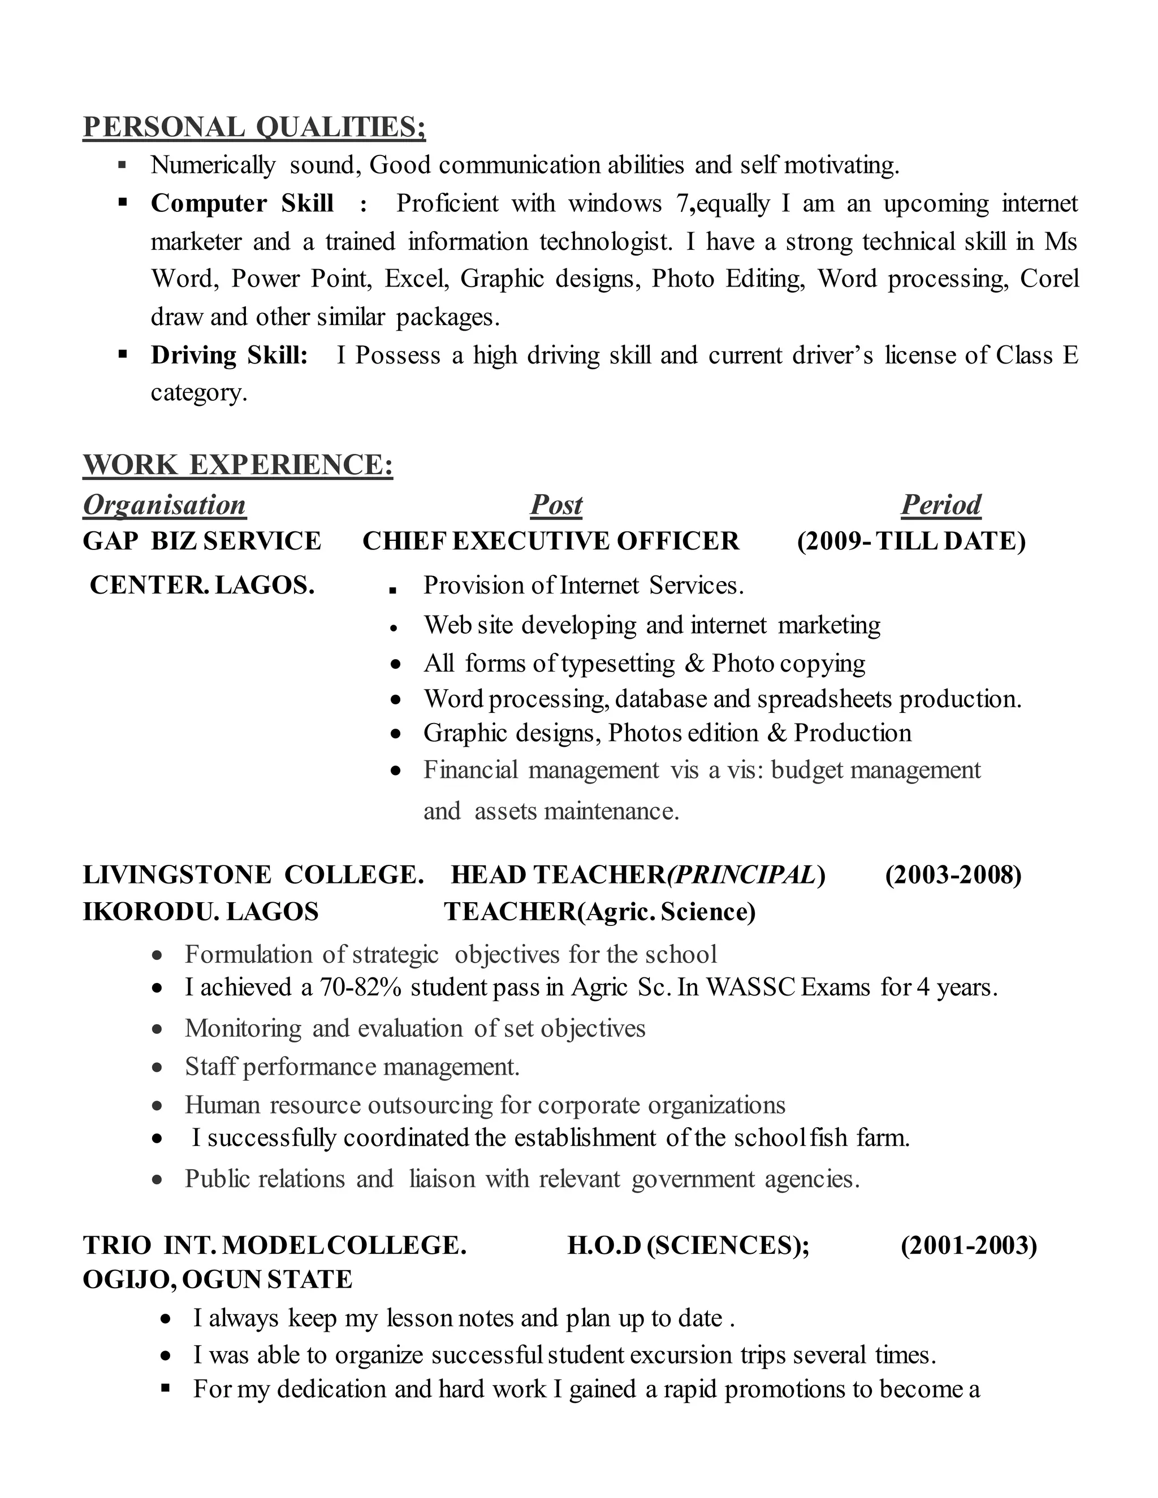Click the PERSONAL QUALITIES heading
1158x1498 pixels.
coord(254,128)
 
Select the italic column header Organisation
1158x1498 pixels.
coord(164,505)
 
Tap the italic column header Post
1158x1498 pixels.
coord(556,505)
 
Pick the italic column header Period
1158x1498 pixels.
coord(940,505)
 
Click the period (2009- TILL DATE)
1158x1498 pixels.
coord(911,541)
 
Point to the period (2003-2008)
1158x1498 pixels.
coord(953,875)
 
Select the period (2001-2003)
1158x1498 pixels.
coord(968,1245)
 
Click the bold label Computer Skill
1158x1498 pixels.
coord(242,204)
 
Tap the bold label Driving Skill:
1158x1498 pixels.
coord(229,356)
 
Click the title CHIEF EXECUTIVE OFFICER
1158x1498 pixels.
coord(551,541)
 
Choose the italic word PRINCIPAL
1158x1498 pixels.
coord(742,875)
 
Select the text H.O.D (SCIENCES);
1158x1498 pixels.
coord(688,1245)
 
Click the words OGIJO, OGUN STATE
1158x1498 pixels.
coord(218,1280)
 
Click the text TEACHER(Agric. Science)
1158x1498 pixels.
coord(599,912)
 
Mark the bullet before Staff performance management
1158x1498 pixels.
coord(158,1068)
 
